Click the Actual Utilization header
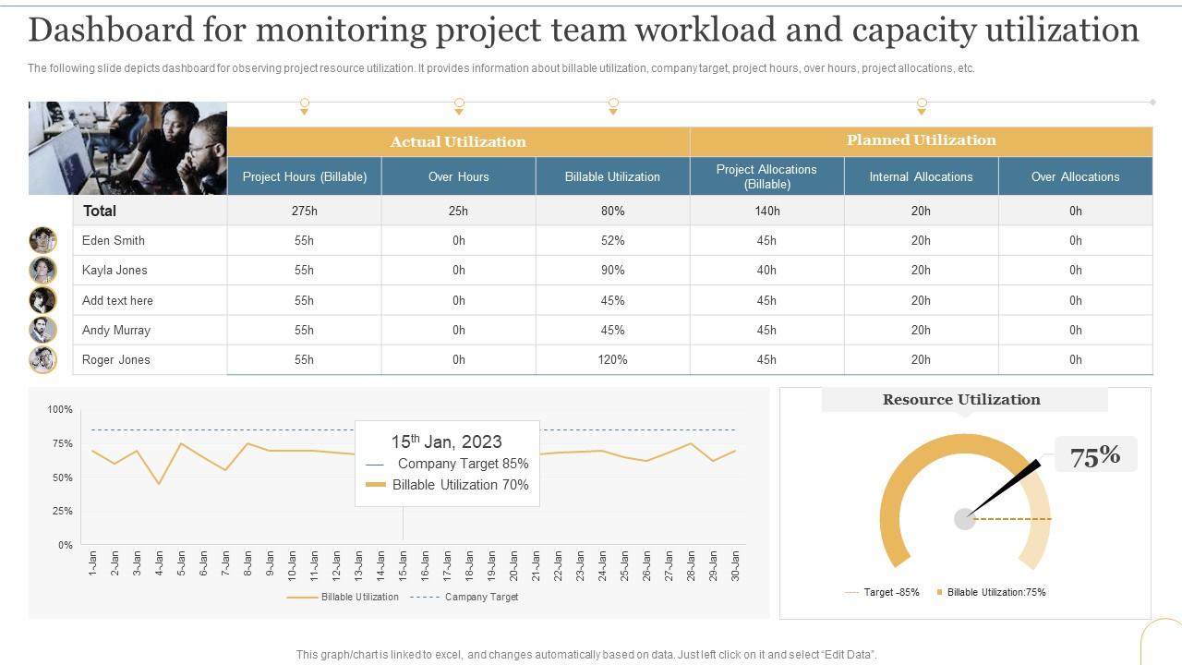[x=458, y=141]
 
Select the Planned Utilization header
[x=921, y=140]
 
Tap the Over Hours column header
[x=458, y=176]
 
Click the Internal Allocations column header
[x=921, y=176]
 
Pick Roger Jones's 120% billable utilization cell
[x=612, y=359]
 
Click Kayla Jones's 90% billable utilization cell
[x=612, y=270]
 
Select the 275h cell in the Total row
[x=304, y=211]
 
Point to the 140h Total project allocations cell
[x=766, y=211]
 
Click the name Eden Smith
[x=114, y=240]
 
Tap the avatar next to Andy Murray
[x=42, y=330]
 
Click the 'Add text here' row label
[x=117, y=300]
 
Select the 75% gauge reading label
[x=1095, y=455]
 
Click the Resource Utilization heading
[x=961, y=400]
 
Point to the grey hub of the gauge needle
[x=964, y=519]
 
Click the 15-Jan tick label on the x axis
[x=403, y=564]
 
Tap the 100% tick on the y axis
[x=60, y=409]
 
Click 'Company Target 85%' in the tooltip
[x=462, y=464]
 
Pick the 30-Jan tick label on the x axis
[x=736, y=564]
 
